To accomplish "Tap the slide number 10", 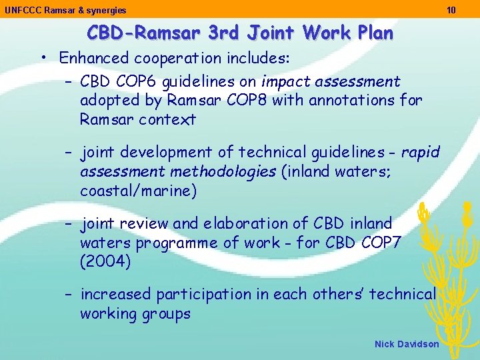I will pos(451,10).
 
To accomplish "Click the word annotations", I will pos(341,101).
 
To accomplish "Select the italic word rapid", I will pos(421,153).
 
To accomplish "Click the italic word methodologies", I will pos(223,172).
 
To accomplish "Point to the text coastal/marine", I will pos(138,191).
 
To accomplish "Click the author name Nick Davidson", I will pos(407,344).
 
